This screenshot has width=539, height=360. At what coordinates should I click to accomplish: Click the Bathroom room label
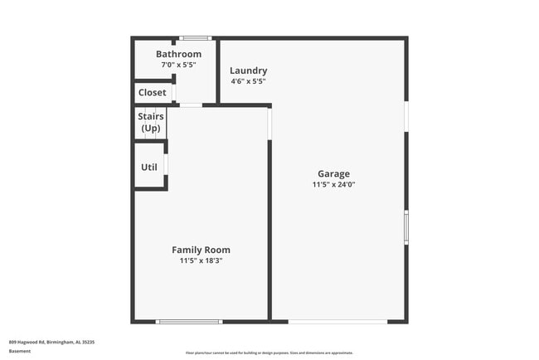tap(178, 55)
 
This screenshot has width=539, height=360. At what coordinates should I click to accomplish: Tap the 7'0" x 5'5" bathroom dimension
tap(178, 66)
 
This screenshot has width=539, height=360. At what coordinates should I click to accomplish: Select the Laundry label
tap(249, 71)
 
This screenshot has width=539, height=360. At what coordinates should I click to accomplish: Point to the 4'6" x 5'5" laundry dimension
tap(249, 81)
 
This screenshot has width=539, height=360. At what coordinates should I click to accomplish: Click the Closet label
tap(152, 92)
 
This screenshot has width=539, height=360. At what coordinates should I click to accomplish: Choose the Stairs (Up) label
tap(151, 123)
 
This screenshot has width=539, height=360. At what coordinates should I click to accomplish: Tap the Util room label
tap(149, 167)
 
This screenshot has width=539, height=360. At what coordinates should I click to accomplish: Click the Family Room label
tap(201, 250)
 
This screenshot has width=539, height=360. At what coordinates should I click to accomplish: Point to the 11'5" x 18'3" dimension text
tap(201, 260)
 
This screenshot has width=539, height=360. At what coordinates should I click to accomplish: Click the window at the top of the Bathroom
tap(196, 38)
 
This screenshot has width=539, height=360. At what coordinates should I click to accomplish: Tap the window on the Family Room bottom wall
tap(189, 321)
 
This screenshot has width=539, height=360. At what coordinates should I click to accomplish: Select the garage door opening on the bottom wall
tap(337, 321)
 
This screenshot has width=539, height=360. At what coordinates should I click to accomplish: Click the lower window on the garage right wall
tap(405, 226)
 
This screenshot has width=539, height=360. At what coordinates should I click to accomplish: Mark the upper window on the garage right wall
tap(405, 116)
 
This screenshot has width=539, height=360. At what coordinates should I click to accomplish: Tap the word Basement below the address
tap(20, 351)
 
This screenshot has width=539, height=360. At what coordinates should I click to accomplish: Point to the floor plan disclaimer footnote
tap(269, 353)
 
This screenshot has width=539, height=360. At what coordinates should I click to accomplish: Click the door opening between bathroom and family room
tap(190, 105)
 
